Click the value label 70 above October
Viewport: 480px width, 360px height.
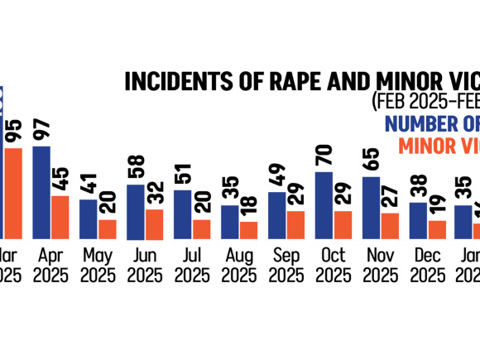click(x=324, y=155)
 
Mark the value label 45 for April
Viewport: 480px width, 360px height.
click(x=60, y=179)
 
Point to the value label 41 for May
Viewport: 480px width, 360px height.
click(x=89, y=183)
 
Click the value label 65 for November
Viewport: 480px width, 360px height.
click(x=372, y=160)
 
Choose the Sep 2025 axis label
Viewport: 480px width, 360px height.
click(x=286, y=265)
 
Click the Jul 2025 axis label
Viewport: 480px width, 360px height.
click(x=191, y=265)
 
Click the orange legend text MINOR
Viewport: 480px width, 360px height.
click(x=428, y=145)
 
